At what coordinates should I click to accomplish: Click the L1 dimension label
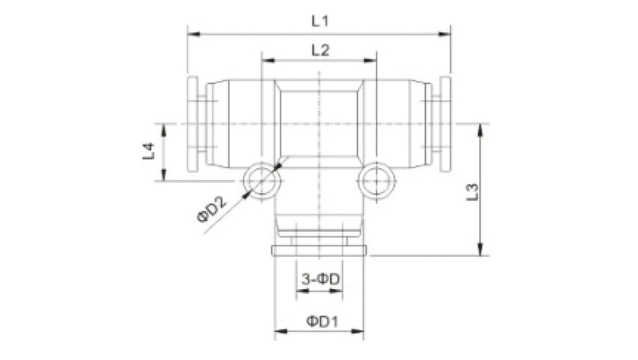point(320,21)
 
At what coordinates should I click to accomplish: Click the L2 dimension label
point(320,51)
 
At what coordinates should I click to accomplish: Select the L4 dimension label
point(149,152)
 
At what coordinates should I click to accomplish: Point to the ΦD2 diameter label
point(212,210)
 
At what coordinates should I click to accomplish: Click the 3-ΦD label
point(320,280)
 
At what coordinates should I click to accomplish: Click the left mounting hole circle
point(262,181)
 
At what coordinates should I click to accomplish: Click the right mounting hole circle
point(376,181)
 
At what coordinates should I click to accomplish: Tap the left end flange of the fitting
point(192,124)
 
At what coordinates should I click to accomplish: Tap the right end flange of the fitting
point(445,124)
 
